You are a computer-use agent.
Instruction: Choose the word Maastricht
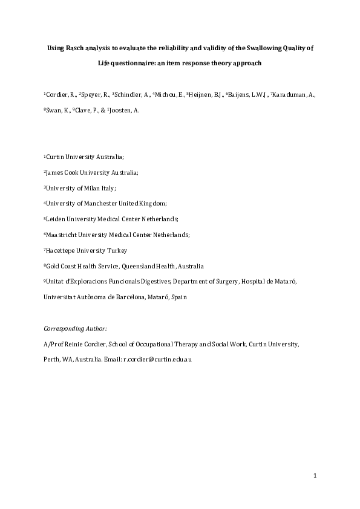pyautogui.click(x=62, y=235)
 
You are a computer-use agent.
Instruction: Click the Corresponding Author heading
pyautogui.click(x=74, y=328)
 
